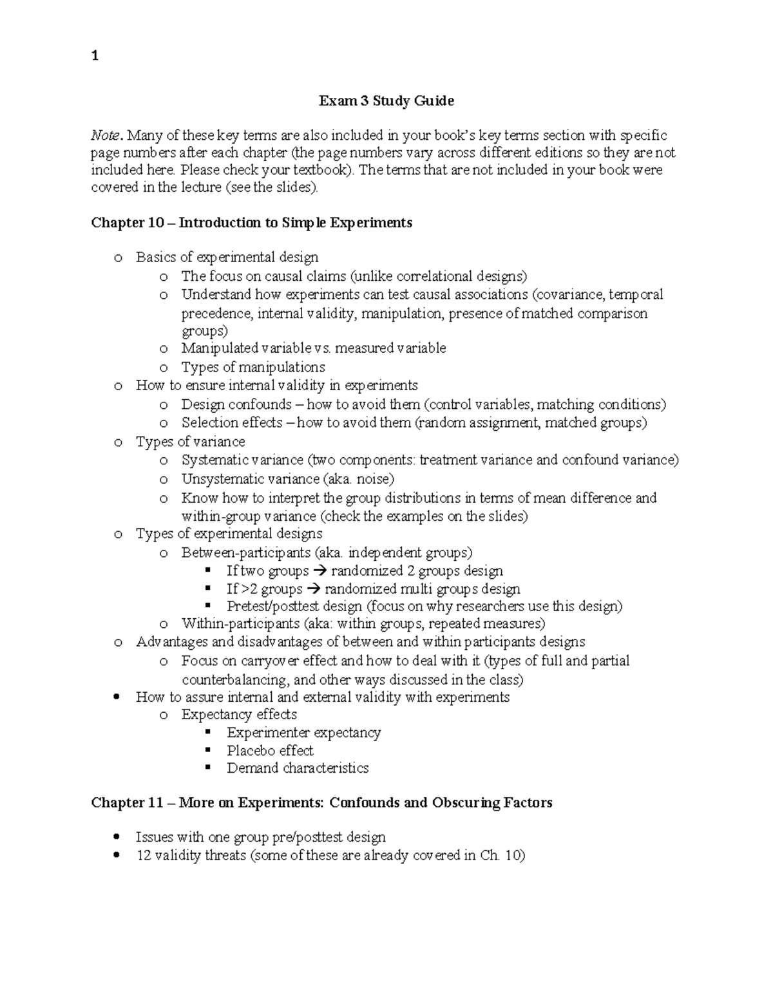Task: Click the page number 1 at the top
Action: tap(95, 56)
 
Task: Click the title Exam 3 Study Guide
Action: tap(386, 101)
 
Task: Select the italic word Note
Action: tap(105, 136)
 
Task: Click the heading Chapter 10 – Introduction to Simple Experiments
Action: tap(251, 223)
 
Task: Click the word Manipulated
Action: tap(219, 348)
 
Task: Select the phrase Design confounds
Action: tap(236, 405)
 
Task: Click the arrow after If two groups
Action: tap(320, 571)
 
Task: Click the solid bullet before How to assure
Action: tap(116, 697)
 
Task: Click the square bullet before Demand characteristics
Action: tap(207, 768)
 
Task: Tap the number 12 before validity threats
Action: tap(144, 856)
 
